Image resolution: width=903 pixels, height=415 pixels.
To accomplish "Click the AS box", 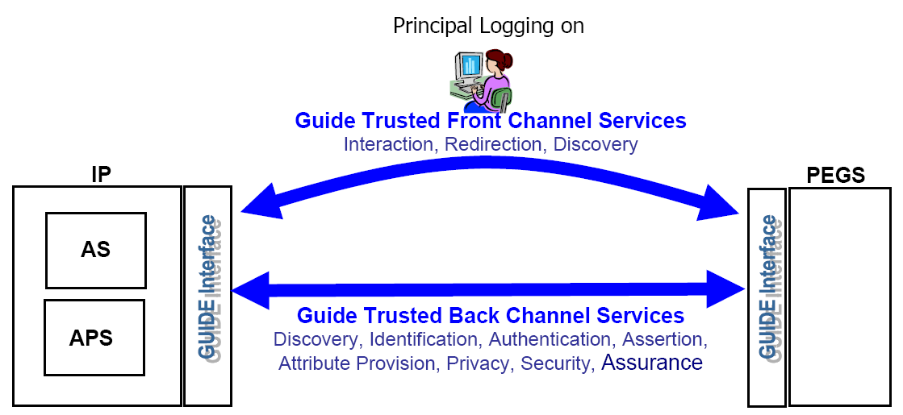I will (x=96, y=250).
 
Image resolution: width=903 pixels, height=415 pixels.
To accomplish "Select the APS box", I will (x=94, y=337).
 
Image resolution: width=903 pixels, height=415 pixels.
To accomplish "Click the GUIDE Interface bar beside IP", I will (x=208, y=295).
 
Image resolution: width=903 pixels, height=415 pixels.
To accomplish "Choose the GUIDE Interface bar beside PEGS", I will (x=767, y=297).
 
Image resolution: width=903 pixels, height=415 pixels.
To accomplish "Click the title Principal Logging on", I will (x=488, y=26).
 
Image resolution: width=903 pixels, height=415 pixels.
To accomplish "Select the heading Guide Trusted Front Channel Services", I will (x=491, y=121).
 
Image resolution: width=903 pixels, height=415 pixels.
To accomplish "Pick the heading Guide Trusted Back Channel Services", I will (x=491, y=315).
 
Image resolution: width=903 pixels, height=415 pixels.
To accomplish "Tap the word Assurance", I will (x=652, y=363).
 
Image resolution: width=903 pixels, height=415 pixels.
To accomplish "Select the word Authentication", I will (x=550, y=339).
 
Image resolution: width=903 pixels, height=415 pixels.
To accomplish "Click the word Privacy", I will (x=479, y=363).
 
